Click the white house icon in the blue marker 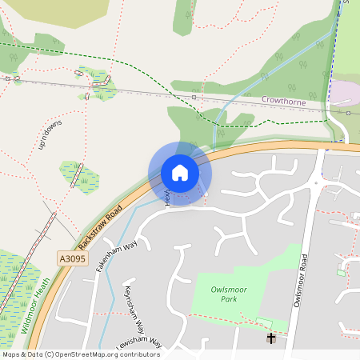[x=180, y=173]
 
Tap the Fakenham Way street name [x=118, y=254]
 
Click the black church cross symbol [x=271, y=339]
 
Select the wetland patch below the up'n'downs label [x=79, y=177]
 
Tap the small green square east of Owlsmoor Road [x=341, y=273]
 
